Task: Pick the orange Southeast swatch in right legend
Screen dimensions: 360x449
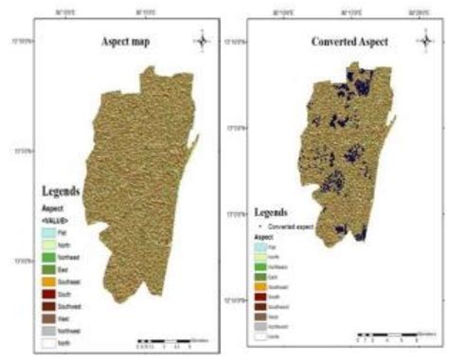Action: coord(265,285)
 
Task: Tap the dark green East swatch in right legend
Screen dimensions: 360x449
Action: coord(265,276)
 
